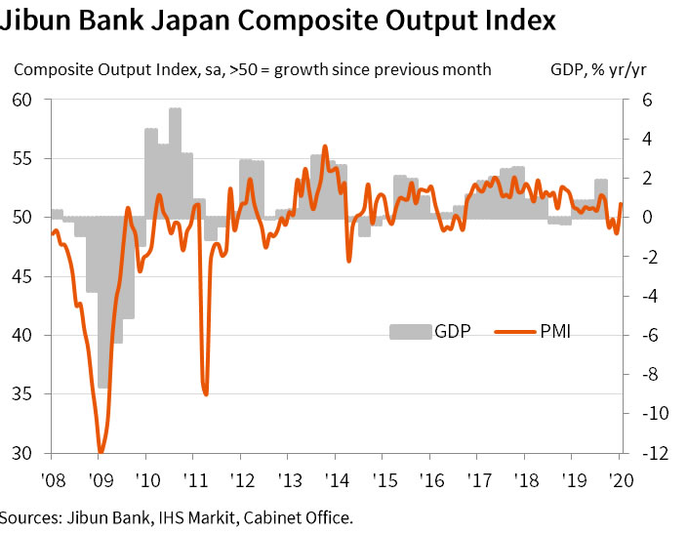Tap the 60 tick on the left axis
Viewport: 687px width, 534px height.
pyautogui.click(x=22, y=100)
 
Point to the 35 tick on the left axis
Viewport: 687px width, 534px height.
pyautogui.click(x=22, y=394)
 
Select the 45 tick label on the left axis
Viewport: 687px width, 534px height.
pyautogui.click(x=22, y=276)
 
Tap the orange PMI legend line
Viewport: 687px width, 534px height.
pyautogui.click(x=513, y=331)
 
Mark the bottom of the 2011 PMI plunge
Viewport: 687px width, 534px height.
pyautogui.click(x=206, y=393)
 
